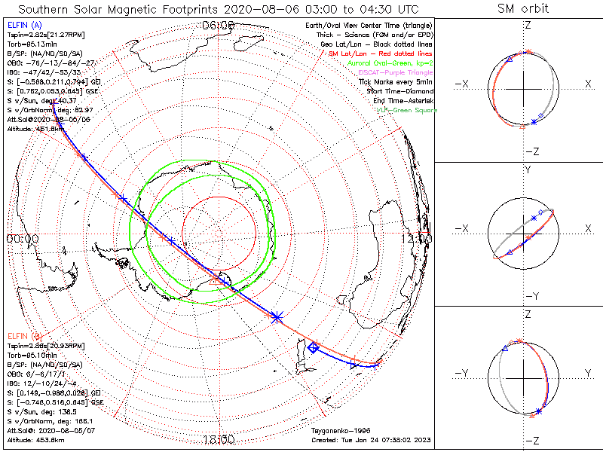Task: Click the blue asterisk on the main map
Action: click(x=277, y=317)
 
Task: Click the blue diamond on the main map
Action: click(x=313, y=347)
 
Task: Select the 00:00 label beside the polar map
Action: click(x=21, y=238)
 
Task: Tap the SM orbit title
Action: click(x=523, y=9)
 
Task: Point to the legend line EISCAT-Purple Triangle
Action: click(x=390, y=72)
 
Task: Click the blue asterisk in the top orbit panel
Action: click(x=534, y=122)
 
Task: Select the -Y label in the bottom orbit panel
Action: click(x=463, y=373)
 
